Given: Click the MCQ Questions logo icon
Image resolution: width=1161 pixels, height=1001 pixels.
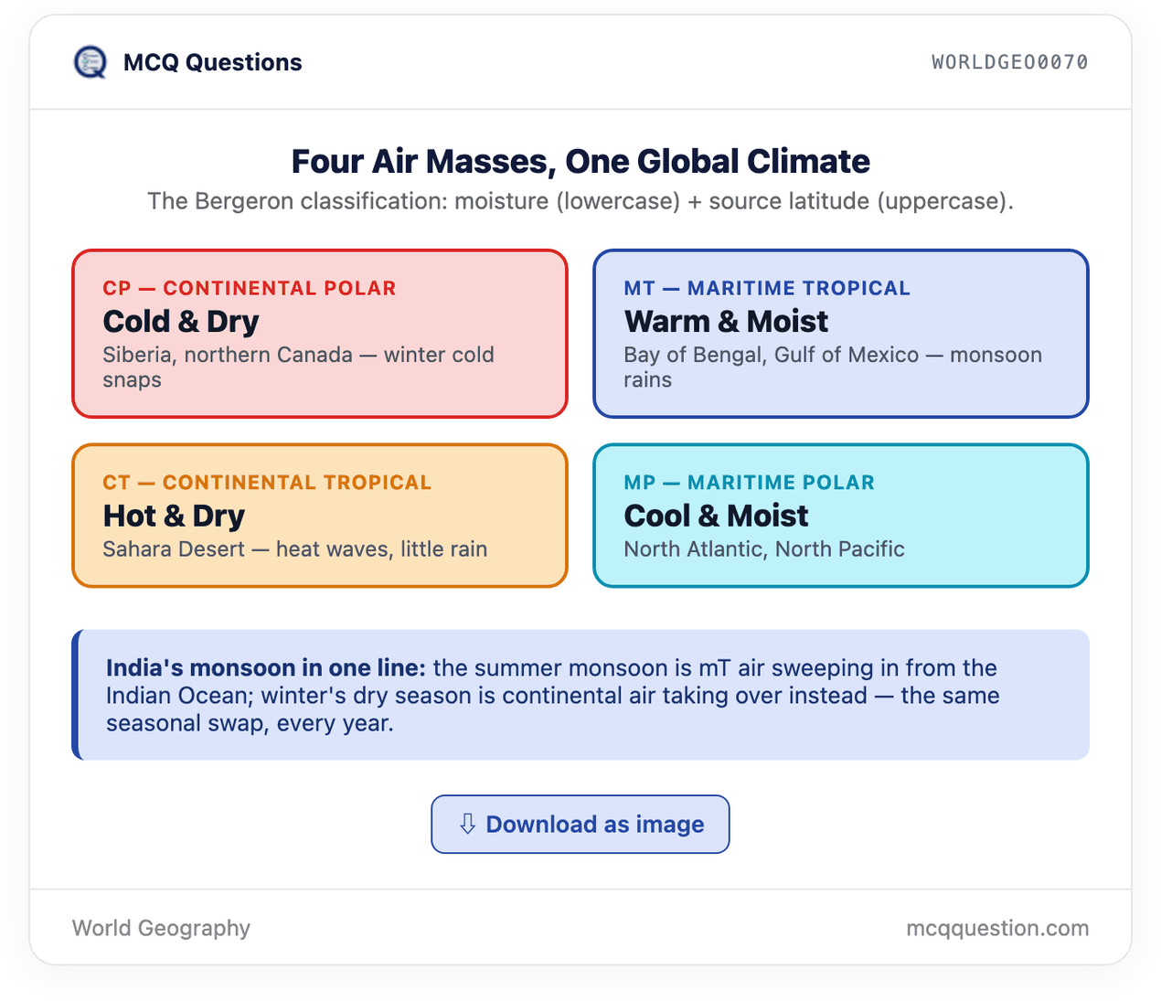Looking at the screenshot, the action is click(90, 62).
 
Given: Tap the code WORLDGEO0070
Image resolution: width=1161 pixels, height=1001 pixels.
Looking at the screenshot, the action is click(1009, 62).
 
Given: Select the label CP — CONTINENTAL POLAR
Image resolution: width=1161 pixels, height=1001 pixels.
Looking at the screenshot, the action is click(250, 288).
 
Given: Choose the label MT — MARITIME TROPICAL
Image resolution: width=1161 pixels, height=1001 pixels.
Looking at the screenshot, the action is click(767, 288).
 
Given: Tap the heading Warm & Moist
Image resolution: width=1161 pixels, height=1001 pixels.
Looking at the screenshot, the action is click(726, 322).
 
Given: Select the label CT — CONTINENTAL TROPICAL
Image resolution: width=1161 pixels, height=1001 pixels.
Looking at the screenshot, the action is click(267, 483).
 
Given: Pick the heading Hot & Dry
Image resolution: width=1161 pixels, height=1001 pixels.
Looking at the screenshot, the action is click(174, 516).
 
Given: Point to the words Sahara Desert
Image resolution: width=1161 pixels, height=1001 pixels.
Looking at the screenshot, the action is click(174, 549).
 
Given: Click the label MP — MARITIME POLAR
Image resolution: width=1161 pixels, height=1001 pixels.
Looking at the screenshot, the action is click(750, 483).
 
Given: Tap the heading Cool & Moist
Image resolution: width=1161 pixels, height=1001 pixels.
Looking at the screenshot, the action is click(716, 516).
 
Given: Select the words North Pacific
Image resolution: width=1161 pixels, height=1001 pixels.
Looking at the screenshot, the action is click(840, 549).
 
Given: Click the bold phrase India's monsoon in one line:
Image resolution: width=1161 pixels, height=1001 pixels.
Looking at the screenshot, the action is click(266, 668).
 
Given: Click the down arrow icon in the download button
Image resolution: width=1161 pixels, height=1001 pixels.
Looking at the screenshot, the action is click(468, 824).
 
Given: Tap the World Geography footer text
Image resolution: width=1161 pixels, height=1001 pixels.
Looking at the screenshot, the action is click(161, 929).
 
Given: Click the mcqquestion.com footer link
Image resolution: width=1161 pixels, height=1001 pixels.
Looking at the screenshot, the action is click(997, 929).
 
